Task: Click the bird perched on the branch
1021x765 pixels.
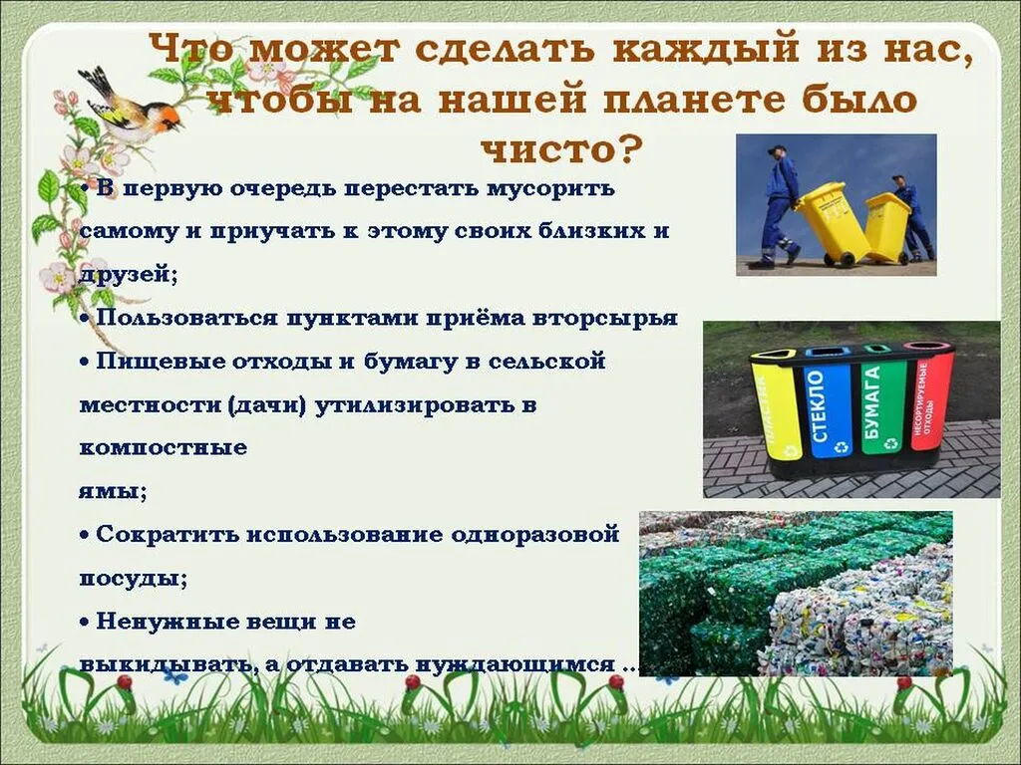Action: tap(130, 108)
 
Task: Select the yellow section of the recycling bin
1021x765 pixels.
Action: tap(776, 407)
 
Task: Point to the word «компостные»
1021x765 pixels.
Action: tap(163, 447)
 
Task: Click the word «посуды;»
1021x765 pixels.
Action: tap(133, 577)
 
